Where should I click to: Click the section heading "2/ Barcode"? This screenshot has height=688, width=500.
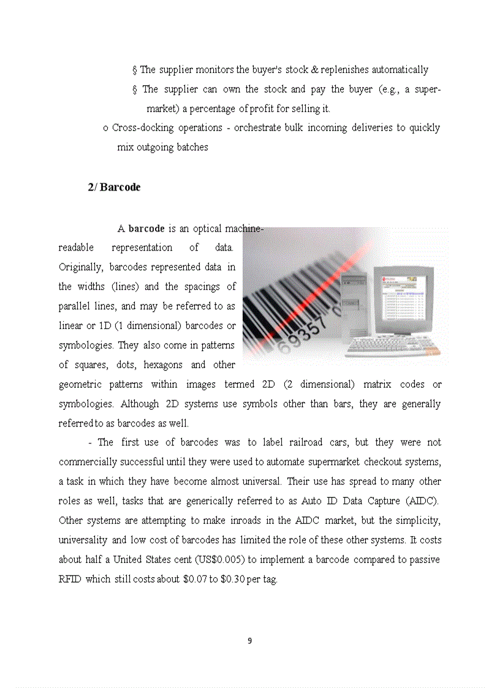click(114, 187)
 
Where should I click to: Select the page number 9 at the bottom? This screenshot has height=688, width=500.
click(249, 641)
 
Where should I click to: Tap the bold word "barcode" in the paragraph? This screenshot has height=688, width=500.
click(146, 229)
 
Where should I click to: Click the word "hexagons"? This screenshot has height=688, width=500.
click(162, 365)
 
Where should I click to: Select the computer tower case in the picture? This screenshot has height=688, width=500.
click(354, 306)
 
